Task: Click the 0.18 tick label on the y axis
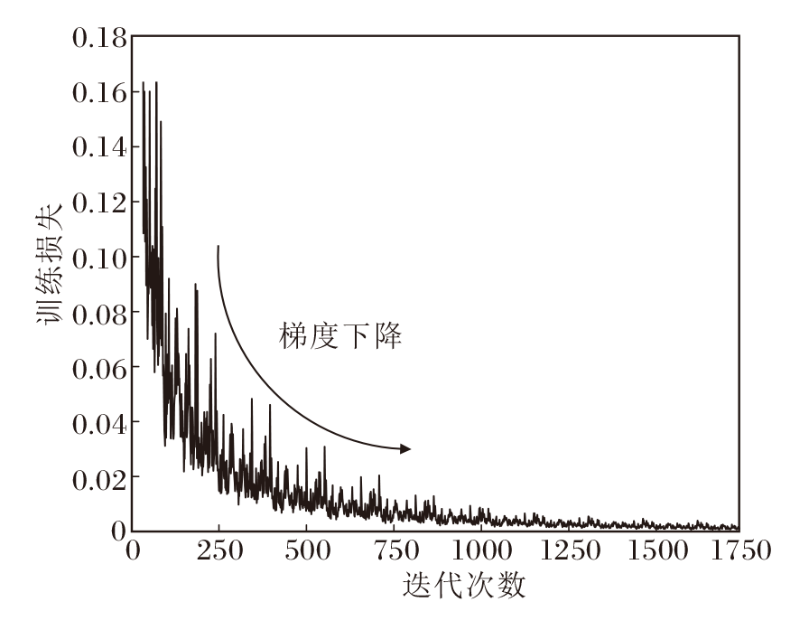[97, 38]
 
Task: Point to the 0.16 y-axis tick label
[97, 93]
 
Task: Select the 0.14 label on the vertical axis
[97, 147]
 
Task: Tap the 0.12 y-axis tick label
[97, 202]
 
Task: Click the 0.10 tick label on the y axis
[97, 258]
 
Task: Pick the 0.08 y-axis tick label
[97, 312]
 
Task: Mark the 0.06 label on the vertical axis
[97, 367]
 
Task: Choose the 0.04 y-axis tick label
[97, 422]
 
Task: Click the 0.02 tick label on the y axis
[97, 476]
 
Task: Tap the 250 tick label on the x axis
[219, 550]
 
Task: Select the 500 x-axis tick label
[306, 550]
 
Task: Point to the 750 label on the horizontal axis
[393, 550]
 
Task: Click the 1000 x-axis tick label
[479, 550]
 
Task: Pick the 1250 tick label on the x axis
[566, 550]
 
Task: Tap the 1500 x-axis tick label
[653, 550]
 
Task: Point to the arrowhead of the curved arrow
[405, 448]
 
